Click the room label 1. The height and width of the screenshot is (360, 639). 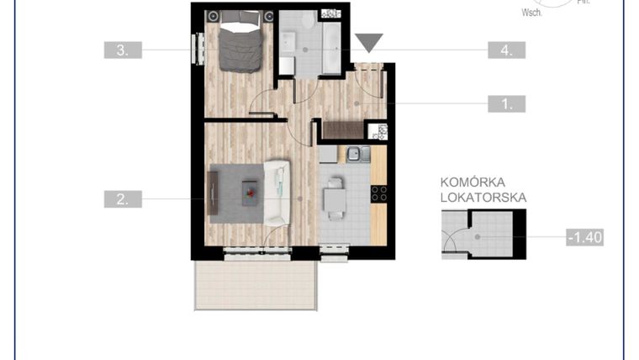507,104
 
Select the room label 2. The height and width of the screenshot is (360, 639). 123,199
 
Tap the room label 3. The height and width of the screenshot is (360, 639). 123,50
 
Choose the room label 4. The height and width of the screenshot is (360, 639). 507,50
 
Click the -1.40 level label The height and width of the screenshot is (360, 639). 585,237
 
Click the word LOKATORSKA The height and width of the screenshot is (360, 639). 483,198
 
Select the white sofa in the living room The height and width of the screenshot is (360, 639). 276,193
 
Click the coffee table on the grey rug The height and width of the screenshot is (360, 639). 251,193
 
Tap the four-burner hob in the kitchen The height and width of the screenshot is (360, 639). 379,194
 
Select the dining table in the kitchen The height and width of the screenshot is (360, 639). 335,198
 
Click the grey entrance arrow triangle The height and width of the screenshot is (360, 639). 368,42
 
